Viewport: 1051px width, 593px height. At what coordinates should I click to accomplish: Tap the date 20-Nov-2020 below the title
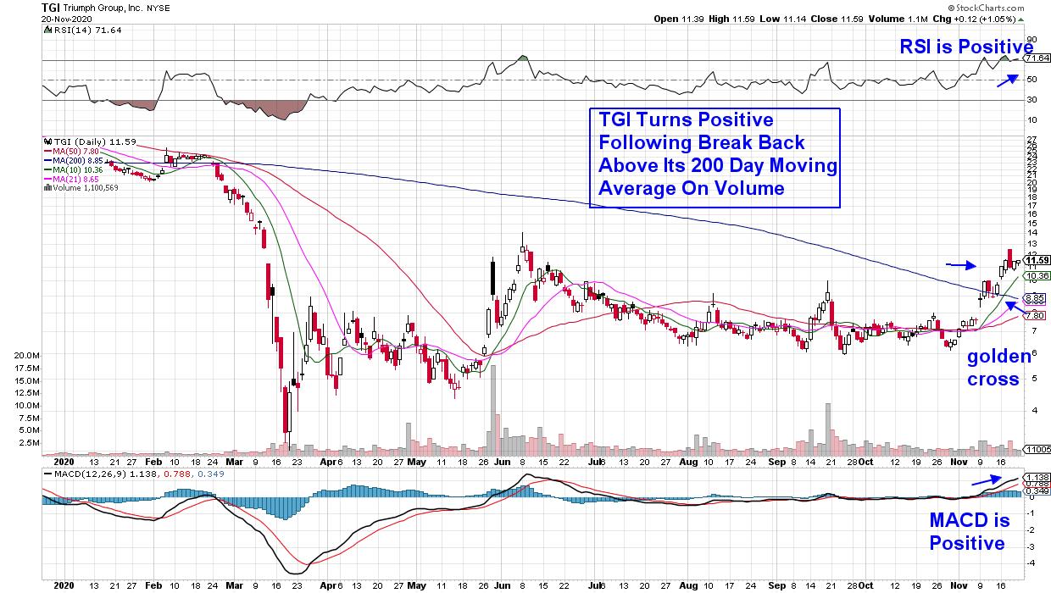tap(25, 18)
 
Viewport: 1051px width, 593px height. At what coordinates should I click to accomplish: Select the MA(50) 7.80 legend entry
tap(79, 151)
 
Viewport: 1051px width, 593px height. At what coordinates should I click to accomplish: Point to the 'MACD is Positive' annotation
tap(968, 532)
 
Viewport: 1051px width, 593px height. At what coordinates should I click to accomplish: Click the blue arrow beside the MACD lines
tap(983, 480)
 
